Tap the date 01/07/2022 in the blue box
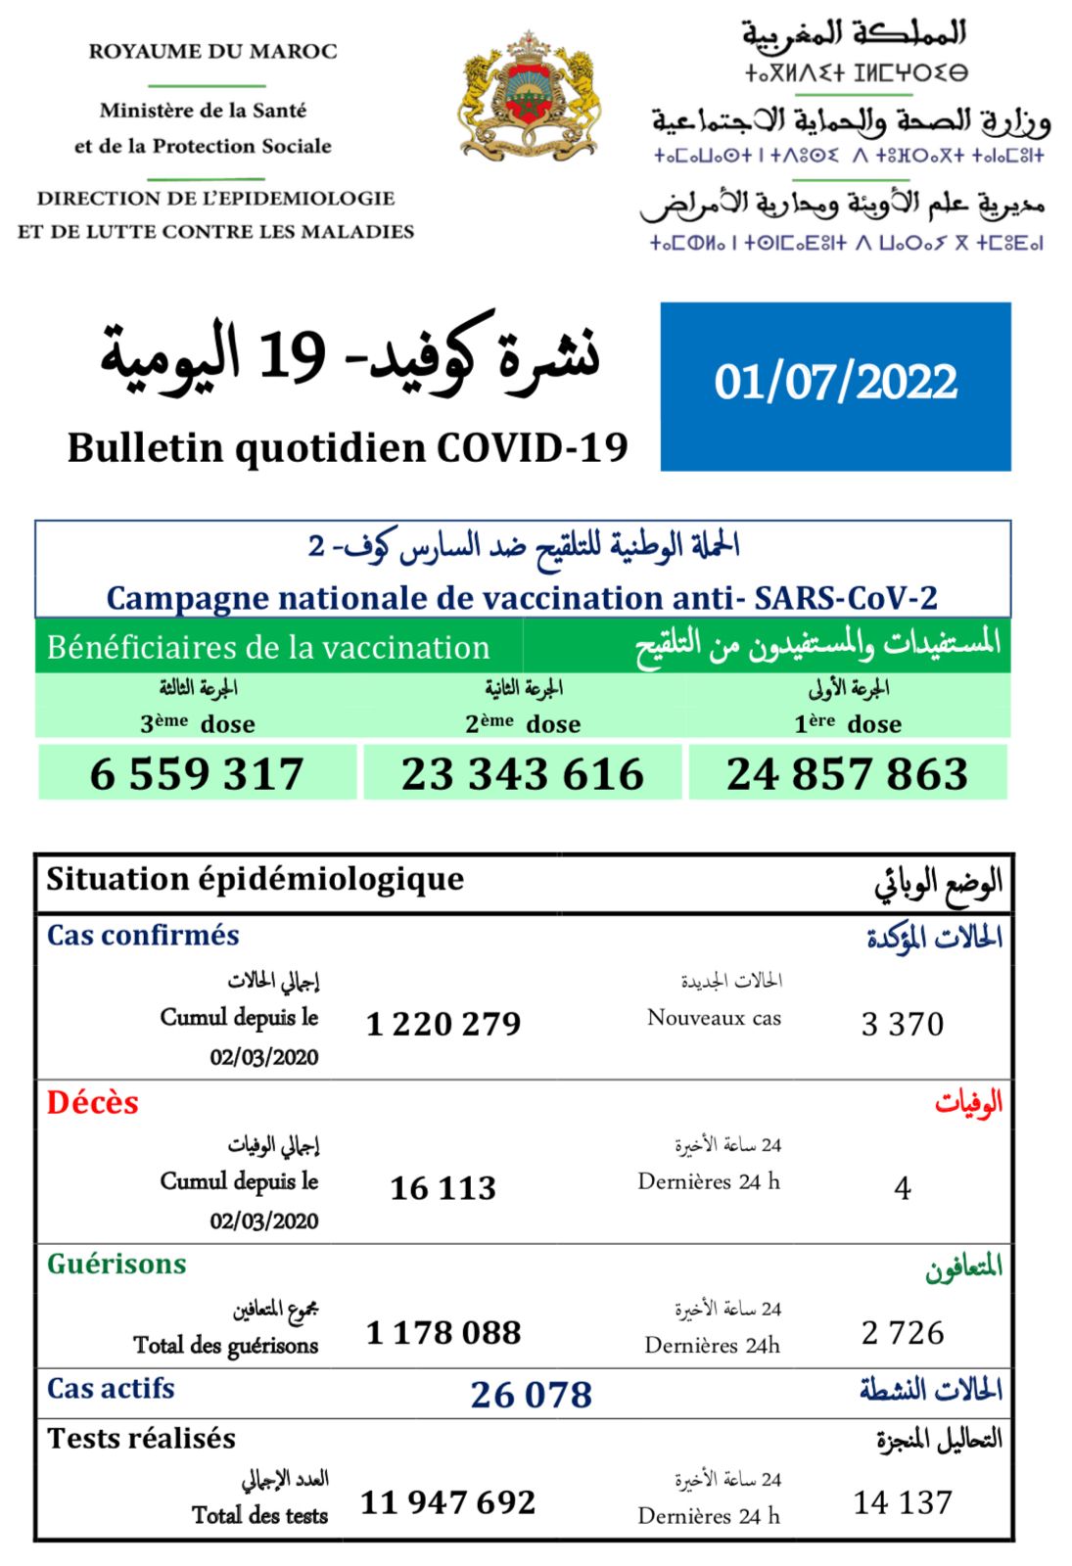[x=835, y=382]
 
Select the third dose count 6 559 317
[x=197, y=773]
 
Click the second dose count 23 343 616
[x=522, y=773]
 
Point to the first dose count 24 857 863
[x=847, y=773]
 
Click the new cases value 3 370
[x=902, y=1024]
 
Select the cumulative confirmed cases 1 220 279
[x=443, y=1024]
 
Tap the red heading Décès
[x=93, y=1103]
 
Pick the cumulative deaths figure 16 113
[x=443, y=1188]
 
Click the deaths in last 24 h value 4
[x=903, y=1188]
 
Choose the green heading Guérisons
[x=117, y=1264]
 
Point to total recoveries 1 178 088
[x=443, y=1332]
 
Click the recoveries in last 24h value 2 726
[x=903, y=1332]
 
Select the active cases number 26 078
[x=531, y=1394]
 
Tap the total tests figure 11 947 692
[x=447, y=1501]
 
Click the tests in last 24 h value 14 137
[x=903, y=1501]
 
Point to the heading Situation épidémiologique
[x=255, y=879]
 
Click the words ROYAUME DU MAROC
[x=212, y=51]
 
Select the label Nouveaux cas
[x=714, y=1018]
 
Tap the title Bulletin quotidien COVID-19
[x=348, y=448]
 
